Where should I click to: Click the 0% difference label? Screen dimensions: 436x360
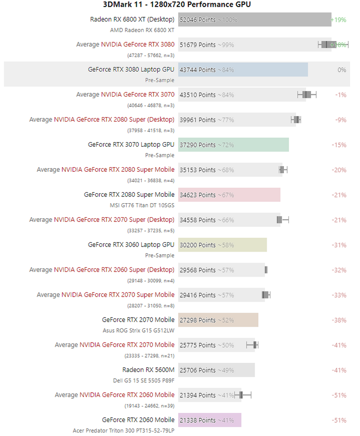[342, 70]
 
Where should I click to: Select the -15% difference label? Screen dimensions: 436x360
[339, 145]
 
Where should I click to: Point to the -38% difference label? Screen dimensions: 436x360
[339, 320]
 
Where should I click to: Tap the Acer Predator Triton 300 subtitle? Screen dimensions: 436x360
[123, 430]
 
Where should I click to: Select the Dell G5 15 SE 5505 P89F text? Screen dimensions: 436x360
[144, 380]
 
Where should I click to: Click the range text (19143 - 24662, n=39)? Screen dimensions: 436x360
[149, 405]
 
